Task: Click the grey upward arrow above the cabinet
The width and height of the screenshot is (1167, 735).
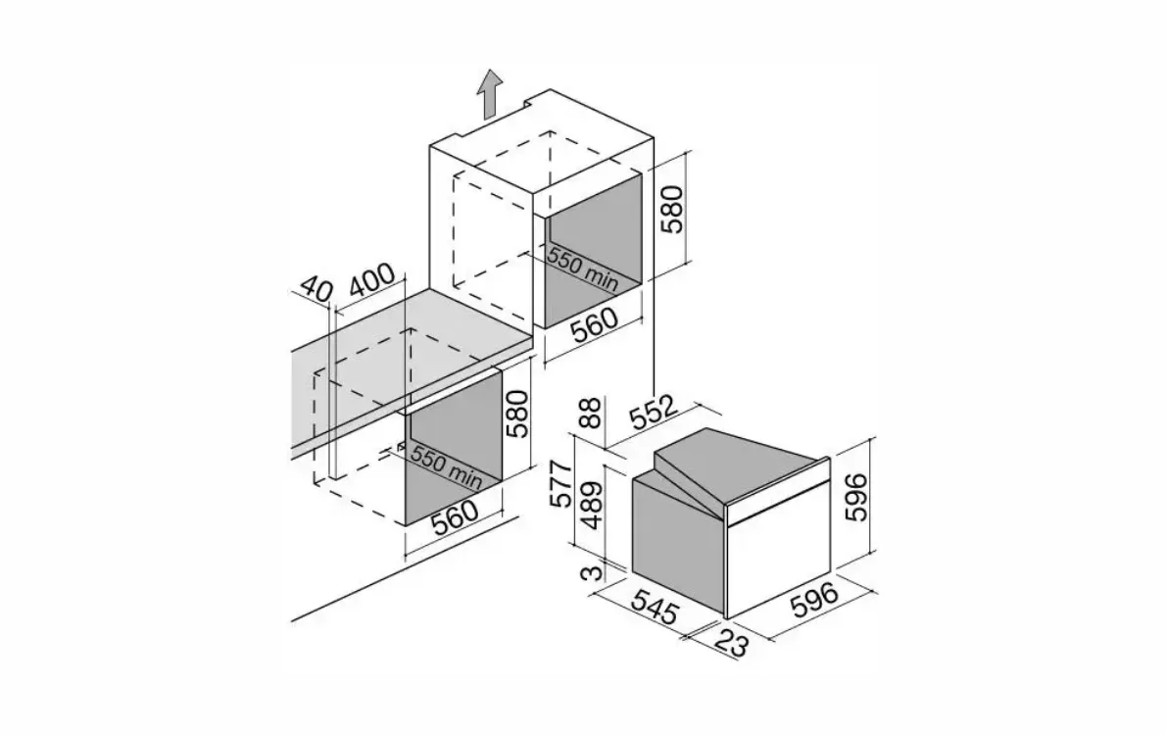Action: tap(488, 94)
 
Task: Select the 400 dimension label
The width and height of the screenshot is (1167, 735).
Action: tap(372, 280)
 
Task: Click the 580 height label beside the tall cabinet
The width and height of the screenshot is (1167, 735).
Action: tap(672, 209)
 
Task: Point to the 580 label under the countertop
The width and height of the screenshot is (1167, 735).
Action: tap(517, 414)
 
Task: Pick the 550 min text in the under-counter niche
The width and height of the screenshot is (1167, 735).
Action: tap(446, 466)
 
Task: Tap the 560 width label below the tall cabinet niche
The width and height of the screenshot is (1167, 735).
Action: tap(595, 324)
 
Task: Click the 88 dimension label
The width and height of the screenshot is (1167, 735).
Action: tap(590, 413)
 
